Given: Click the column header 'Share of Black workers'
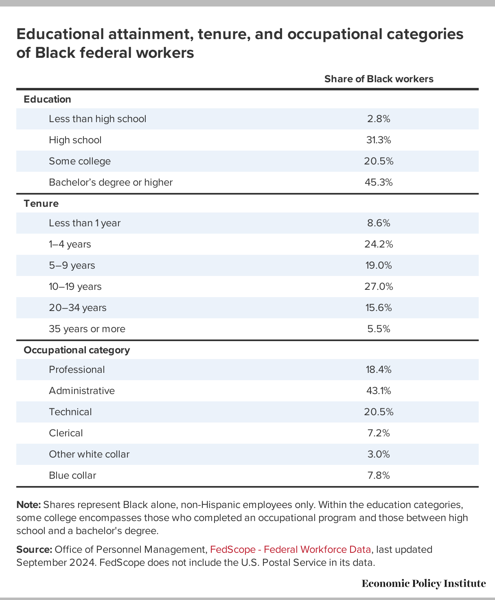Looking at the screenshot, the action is pos(379,79).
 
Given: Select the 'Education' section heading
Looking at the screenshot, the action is pos(48,99).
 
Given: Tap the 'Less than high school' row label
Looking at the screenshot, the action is pos(97,119).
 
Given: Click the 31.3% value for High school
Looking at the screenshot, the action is pos(379,140).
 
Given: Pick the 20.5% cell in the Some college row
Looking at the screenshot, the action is pos(379,161).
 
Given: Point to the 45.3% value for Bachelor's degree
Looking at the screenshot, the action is pos(379,182).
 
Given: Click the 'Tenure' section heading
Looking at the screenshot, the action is pos(41,204).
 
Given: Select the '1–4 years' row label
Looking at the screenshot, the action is pos(70,244).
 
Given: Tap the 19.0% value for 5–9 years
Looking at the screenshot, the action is pos(379,265).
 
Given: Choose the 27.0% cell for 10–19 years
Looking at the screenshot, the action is pos(379,287).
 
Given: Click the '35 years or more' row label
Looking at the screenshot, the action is pos(87,329).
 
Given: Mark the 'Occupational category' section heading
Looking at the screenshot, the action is pos(77,350).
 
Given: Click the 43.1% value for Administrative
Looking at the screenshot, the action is pos(379,391).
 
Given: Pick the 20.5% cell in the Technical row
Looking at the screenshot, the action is pos(379,412).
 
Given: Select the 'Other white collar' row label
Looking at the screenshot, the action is pos(89,454).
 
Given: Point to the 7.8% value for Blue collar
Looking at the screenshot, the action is pos(379,475).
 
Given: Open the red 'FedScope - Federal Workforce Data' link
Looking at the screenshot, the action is pos(290,550).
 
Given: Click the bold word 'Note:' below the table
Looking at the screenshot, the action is pos(29,505).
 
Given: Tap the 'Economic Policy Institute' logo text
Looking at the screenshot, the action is pos(424,584).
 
